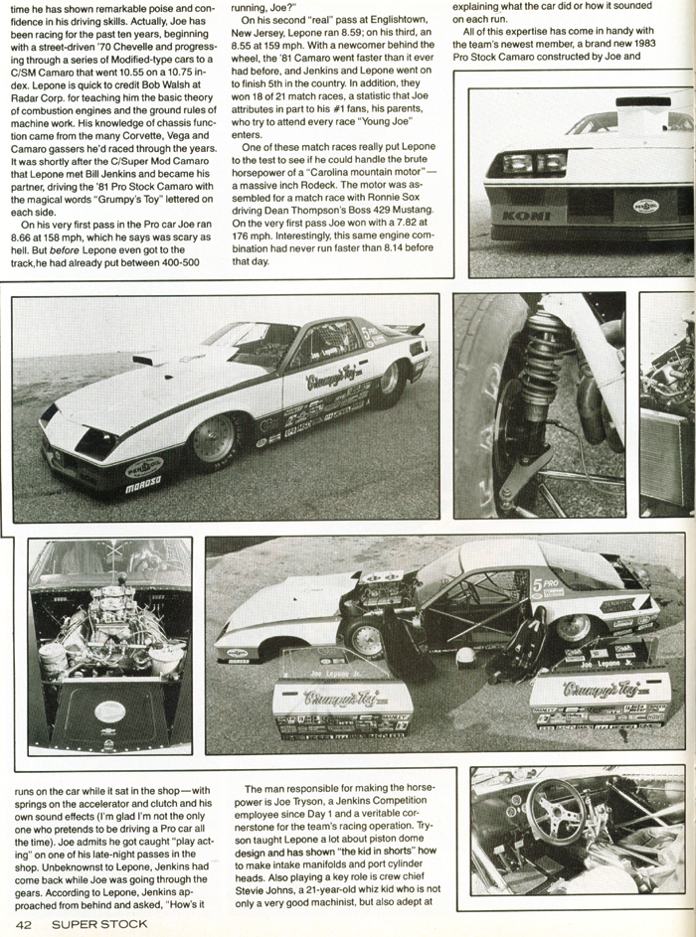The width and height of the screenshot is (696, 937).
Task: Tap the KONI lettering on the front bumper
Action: (518, 214)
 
